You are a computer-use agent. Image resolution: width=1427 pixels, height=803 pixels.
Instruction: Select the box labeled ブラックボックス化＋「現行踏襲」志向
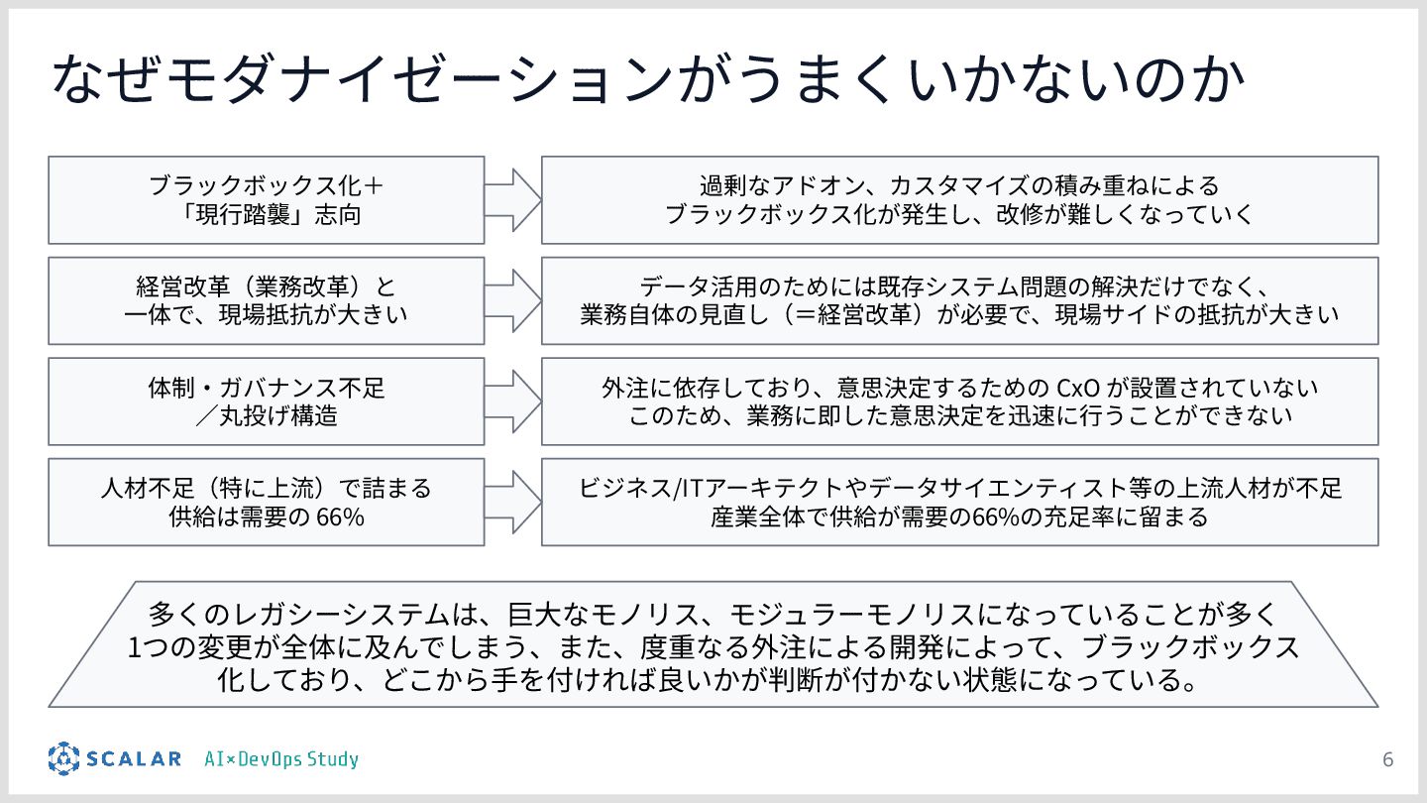266,199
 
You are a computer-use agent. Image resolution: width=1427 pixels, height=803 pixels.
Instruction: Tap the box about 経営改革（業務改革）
266,300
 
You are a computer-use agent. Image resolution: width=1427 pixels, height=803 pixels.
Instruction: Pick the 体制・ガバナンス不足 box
266,401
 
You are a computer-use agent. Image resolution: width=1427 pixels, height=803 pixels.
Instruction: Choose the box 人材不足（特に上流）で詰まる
266,502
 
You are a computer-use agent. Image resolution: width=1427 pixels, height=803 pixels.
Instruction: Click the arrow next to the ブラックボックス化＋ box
512,199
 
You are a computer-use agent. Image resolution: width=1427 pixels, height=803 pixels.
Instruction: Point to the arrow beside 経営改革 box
512,300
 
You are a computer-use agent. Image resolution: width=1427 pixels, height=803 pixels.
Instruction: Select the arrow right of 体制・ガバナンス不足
512,401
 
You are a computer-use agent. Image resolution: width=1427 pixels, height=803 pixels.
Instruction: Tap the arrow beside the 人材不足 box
512,502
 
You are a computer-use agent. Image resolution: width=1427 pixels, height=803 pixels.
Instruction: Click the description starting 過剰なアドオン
959,199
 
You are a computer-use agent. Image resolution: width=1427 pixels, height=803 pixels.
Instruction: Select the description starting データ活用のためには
959,300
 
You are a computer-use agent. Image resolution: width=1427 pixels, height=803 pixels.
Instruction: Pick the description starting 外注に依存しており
959,401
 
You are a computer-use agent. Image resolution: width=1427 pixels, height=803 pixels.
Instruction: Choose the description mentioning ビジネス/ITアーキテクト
959,502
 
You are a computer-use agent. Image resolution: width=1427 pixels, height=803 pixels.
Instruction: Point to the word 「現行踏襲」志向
266,214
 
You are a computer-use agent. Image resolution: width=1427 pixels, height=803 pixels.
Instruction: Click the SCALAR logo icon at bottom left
63,759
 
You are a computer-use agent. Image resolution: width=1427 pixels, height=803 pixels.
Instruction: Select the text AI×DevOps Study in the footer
281,760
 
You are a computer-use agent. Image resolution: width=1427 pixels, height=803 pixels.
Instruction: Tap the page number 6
1387,760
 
